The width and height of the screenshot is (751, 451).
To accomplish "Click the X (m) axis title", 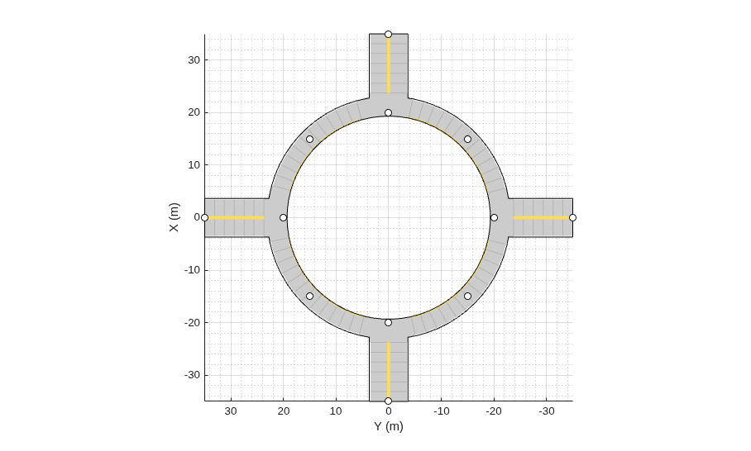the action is point(174,217).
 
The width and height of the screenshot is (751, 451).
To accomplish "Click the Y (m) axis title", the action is point(389,426).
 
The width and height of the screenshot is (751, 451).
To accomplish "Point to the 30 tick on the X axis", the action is point(194,60).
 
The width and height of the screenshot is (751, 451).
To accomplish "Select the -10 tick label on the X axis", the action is point(192,270).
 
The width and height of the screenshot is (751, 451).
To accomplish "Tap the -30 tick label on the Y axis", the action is point(547,411).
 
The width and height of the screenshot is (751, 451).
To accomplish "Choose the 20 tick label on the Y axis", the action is point(284,411).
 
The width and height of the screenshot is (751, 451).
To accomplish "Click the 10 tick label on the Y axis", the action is point(337,411).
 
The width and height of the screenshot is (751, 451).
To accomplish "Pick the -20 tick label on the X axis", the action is point(192,323).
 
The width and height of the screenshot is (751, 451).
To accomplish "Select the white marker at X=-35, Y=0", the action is point(389,401).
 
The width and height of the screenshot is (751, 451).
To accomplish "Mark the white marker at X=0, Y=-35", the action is point(572,217).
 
